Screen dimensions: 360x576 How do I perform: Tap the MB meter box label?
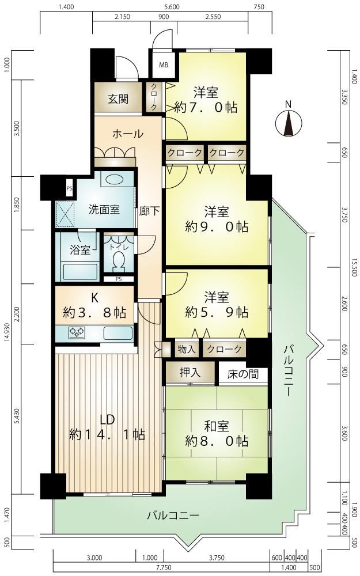(x=164, y=65)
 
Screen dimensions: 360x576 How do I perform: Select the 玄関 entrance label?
(x=118, y=98)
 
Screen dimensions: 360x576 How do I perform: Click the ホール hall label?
(x=127, y=134)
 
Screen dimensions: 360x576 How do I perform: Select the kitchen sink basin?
(x=118, y=333)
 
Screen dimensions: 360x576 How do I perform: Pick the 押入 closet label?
(x=190, y=373)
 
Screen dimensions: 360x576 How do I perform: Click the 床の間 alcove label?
(x=243, y=374)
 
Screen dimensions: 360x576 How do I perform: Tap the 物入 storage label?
(x=187, y=349)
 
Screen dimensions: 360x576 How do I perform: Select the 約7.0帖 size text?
(x=206, y=107)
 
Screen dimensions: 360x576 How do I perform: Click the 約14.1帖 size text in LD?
(x=107, y=434)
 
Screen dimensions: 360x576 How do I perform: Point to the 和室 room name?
(x=217, y=426)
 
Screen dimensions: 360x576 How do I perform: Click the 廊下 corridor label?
(x=149, y=211)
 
